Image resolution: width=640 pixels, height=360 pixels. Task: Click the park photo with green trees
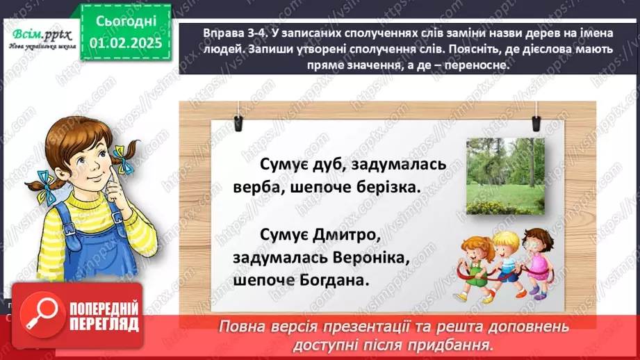point(505,175)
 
